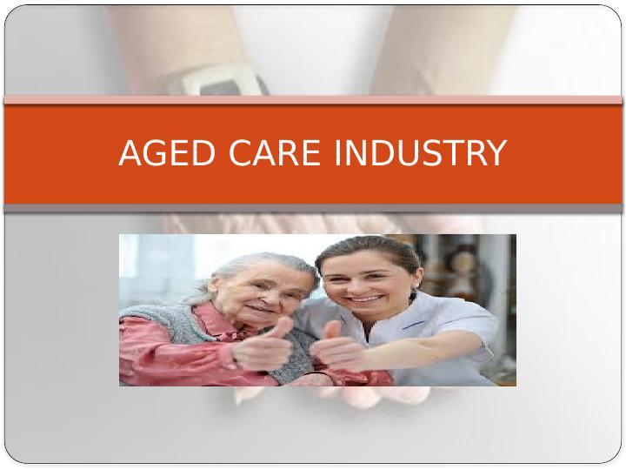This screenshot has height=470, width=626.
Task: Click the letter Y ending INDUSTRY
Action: pos(494,153)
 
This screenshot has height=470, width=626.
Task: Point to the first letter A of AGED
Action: pos(130,153)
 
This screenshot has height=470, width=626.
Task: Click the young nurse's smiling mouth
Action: pos(365,299)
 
